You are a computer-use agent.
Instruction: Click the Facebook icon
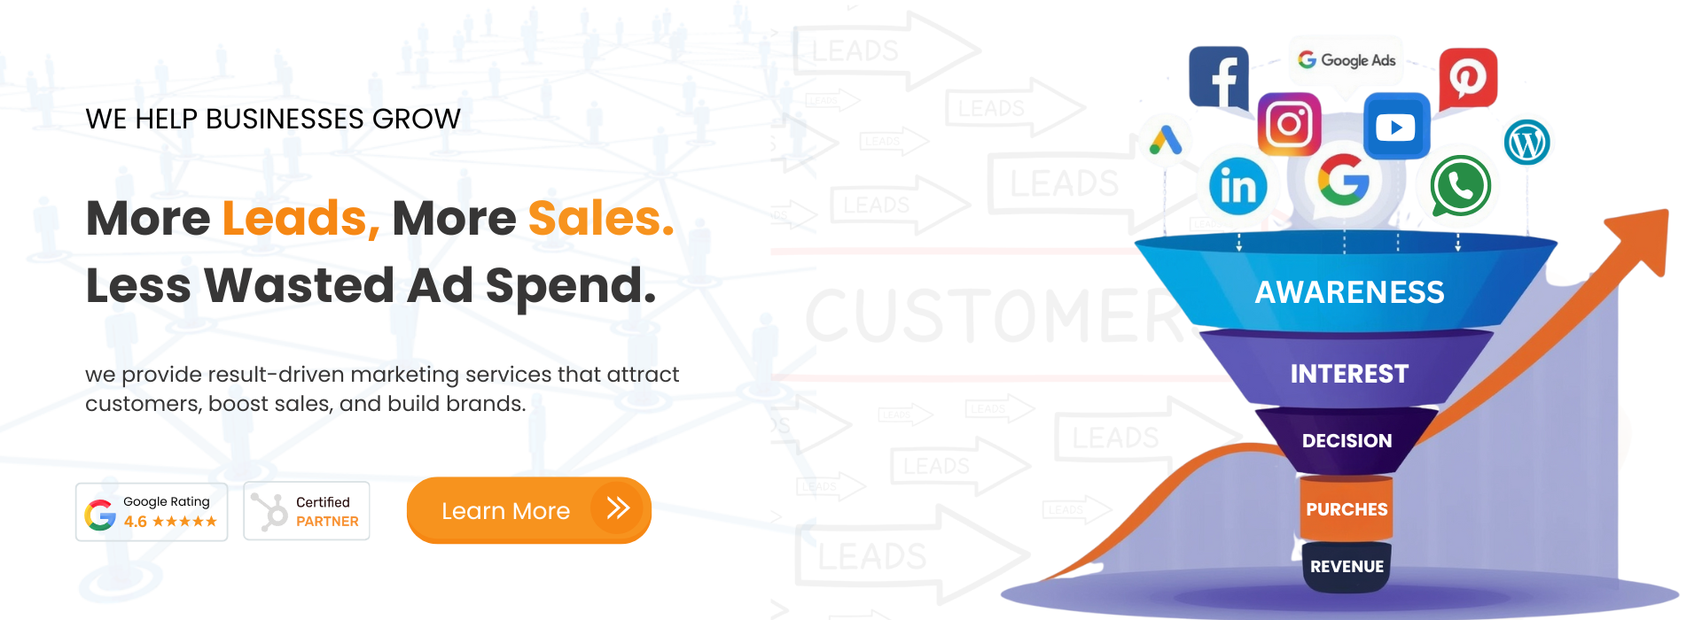(1219, 78)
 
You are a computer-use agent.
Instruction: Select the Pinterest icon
(1467, 78)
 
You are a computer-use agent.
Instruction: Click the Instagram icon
(1289, 124)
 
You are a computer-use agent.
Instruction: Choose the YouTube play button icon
(1395, 127)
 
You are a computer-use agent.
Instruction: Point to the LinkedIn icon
(1237, 186)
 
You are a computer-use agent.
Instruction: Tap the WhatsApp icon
(1458, 186)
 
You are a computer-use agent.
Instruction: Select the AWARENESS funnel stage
(1349, 292)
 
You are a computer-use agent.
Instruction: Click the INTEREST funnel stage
(1349, 374)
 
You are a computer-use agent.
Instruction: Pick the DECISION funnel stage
(1347, 440)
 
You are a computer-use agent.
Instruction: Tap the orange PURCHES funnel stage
(1347, 509)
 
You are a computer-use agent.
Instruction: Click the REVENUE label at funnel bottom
(1347, 567)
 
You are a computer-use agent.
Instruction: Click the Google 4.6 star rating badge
(152, 512)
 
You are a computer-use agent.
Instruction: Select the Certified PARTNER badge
(307, 512)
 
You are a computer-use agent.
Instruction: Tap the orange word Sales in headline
(600, 218)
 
